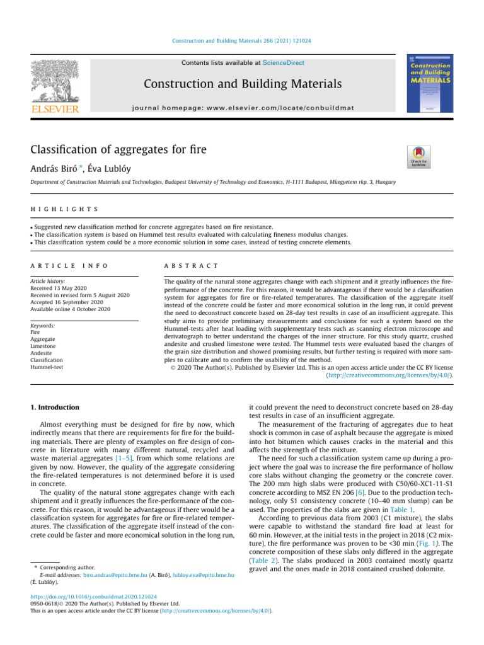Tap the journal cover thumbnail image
pos(430,86)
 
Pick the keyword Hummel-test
pos(47,367)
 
